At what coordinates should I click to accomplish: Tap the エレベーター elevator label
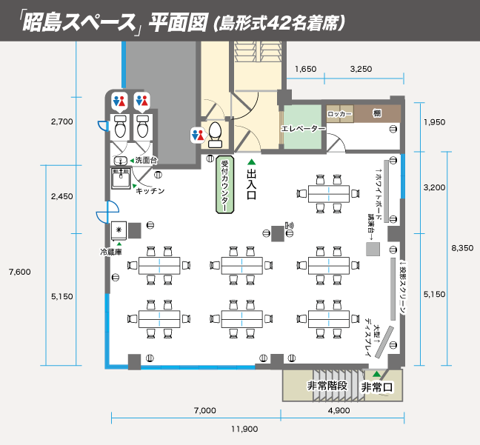303,129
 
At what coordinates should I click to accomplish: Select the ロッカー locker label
339,115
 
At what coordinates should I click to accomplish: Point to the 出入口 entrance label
250,184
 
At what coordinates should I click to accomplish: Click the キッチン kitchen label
150,190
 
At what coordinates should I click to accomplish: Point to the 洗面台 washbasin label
146,161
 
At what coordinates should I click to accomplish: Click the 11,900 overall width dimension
244,428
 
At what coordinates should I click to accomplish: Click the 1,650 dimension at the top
305,69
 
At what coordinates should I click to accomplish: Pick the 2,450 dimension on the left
61,196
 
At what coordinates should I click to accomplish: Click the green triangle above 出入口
250,161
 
